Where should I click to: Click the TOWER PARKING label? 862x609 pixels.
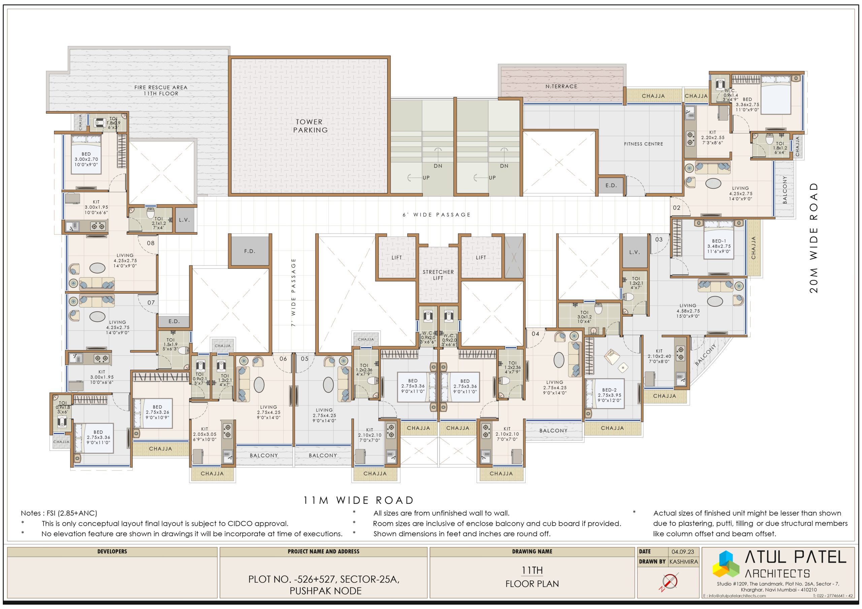pyautogui.click(x=310, y=126)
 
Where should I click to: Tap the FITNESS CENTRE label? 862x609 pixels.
pyautogui.click(x=643, y=144)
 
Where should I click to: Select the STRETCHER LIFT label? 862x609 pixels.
pyautogui.click(x=438, y=275)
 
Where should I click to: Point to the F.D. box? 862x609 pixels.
pyautogui.click(x=250, y=251)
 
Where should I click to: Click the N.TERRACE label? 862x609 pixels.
pyautogui.click(x=561, y=86)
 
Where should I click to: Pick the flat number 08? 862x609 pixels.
pyautogui.click(x=151, y=243)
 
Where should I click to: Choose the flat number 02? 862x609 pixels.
pyautogui.click(x=676, y=207)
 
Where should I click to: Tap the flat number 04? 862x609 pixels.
pyautogui.click(x=535, y=334)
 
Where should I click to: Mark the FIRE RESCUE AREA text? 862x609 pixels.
pyautogui.click(x=161, y=88)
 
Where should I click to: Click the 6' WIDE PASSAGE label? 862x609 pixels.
pyautogui.click(x=436, y=215)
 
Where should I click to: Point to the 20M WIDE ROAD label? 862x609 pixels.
pyautogui.click(x=813, y=238)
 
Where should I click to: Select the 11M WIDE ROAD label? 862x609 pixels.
pyautogui.click(x=359, y=500)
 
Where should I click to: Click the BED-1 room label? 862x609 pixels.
pyautogui.click(x=719, y=241)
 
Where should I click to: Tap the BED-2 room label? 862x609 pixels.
pyautogui.click(x=609, y=390)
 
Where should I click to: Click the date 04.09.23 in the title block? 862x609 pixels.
pyautogui.click(x=683, y=551)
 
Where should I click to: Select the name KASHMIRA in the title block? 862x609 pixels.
pyautogui.click(x=683, y=562)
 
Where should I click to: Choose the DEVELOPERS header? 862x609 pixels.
pyautogui.click(x=112, y=551)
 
